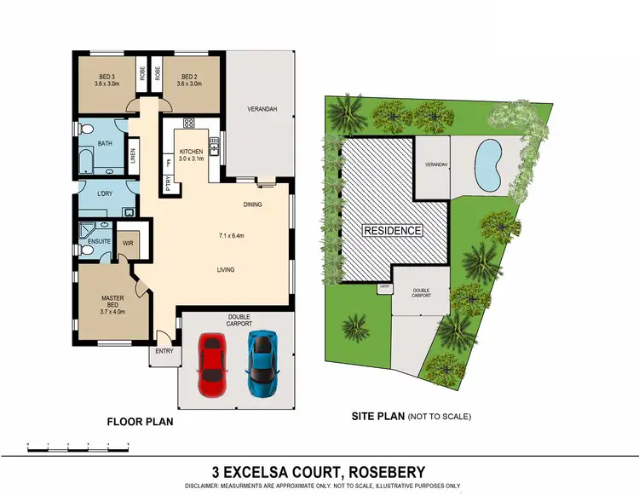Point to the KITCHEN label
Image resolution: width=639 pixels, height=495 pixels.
coord(191,152)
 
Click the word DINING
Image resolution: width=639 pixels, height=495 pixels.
coord(251,204)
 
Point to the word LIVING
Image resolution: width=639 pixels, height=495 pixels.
coord(225,270)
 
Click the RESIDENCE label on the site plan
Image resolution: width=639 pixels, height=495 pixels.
coord(392,230)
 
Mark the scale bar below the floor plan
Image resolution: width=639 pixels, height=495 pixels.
coord(69,446)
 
